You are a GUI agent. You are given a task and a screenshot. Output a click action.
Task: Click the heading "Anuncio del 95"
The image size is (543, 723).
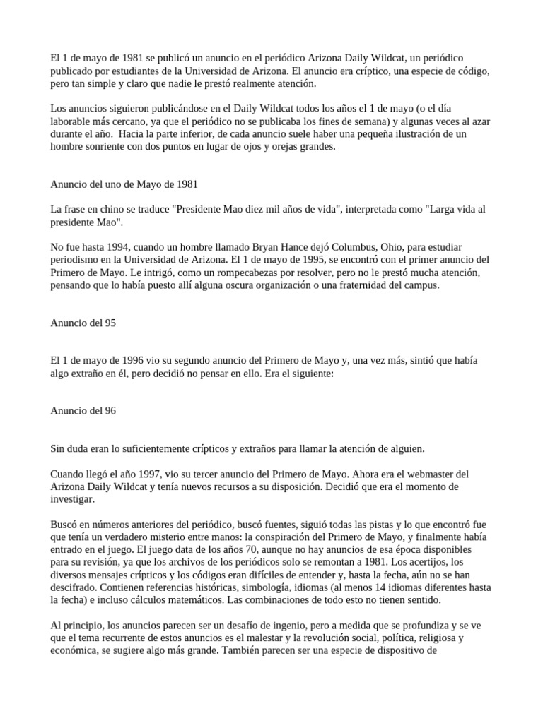(x=83, y=323)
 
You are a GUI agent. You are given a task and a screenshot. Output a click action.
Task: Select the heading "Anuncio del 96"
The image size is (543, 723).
(x=83, y=410)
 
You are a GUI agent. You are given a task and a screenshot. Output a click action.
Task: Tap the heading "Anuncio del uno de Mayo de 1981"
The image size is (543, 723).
(x=124, y=184)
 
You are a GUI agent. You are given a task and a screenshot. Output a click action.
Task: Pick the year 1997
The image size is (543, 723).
(x=158, y=474)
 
